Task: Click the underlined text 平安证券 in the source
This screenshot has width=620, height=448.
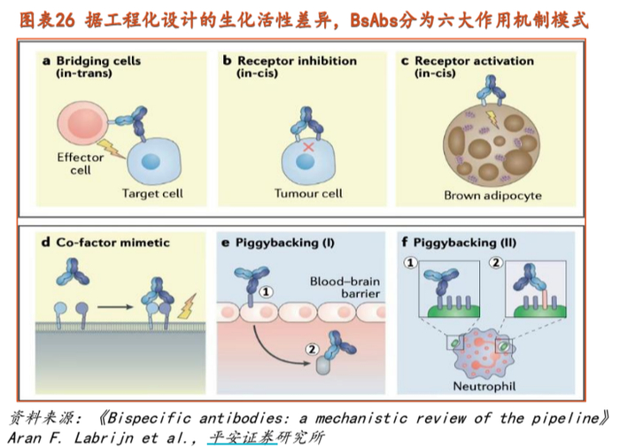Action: click(x=241, y=437)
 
